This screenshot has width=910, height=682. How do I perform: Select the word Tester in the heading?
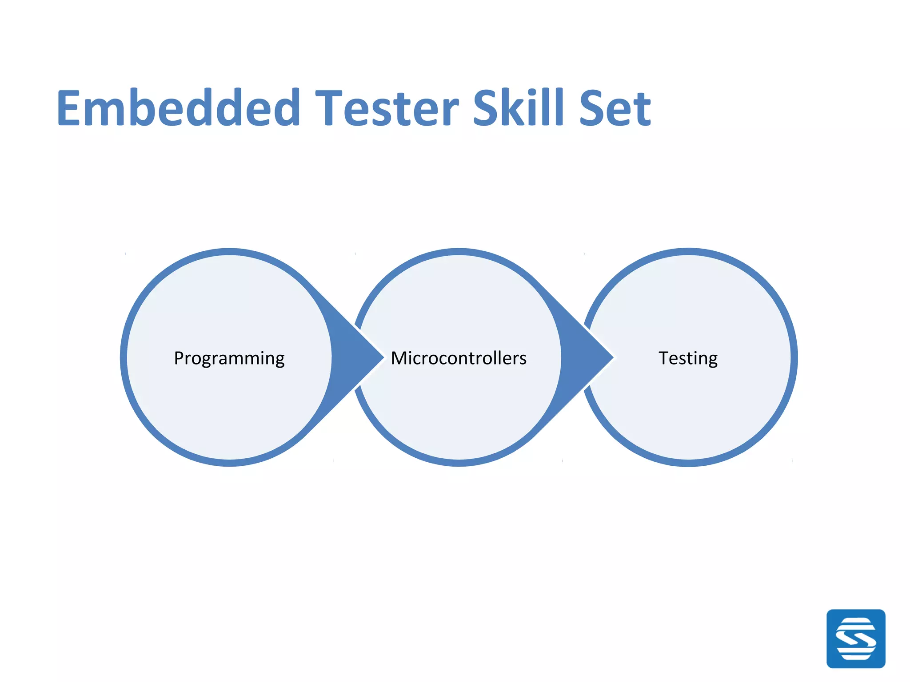click(387, 108)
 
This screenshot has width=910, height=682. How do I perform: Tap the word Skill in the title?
click(518, 107)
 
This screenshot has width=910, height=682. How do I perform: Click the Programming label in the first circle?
click(229, 358)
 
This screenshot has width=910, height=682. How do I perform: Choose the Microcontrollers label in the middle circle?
click(459, 358)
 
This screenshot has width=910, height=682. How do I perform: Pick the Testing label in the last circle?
click(688, 358)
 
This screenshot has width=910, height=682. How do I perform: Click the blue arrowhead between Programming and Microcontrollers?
click(355, 357)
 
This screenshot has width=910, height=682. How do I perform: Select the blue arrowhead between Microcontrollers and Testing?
click(585, 357)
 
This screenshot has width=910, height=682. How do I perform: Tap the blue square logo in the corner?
click(856, 638)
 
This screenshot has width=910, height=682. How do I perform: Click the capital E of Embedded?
click(71, 108)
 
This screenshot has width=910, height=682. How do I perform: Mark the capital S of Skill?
click(487, 108)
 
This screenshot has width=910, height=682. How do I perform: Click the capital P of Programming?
click(179, 358)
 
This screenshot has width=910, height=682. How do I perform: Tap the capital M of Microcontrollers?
click(399, 358)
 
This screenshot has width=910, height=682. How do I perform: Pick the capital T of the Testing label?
click(664, 358)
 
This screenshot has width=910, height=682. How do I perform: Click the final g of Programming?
click(279, 360)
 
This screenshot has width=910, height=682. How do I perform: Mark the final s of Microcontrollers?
click(523, 359)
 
